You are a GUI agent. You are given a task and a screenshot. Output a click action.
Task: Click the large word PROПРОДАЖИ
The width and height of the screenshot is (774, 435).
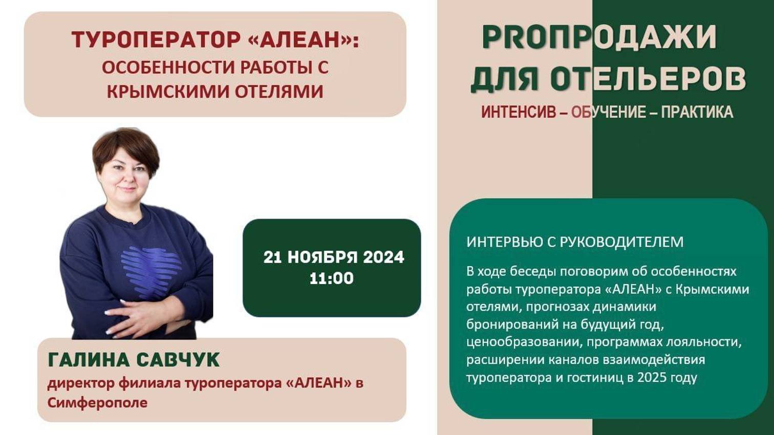coord(599,37)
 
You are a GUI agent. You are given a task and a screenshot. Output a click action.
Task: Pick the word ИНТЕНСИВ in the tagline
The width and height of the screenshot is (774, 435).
coord(518,112)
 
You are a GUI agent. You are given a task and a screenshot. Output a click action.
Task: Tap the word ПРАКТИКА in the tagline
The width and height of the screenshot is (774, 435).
coord(697,112)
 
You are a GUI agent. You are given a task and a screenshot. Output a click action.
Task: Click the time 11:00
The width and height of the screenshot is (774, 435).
coord(331,278)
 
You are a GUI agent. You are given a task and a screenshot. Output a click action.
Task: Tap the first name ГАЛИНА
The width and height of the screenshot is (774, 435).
coord(89,360)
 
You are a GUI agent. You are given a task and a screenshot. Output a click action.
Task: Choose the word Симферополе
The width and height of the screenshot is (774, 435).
coord(97,403)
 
